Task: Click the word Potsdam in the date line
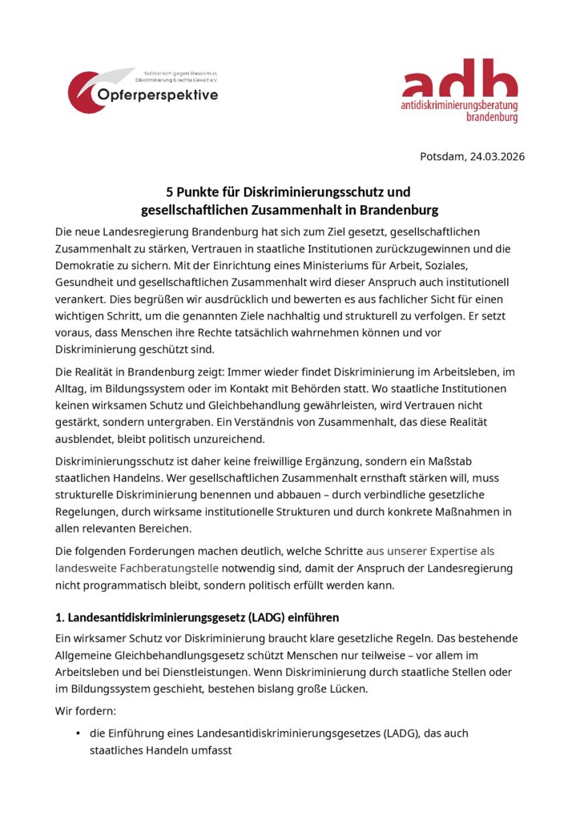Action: click(442, 156)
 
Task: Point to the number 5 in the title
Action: click(170, 192)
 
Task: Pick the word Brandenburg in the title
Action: click(399, 211)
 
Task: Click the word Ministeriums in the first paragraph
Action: click(362, 265)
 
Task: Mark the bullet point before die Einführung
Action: click(78, 734)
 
